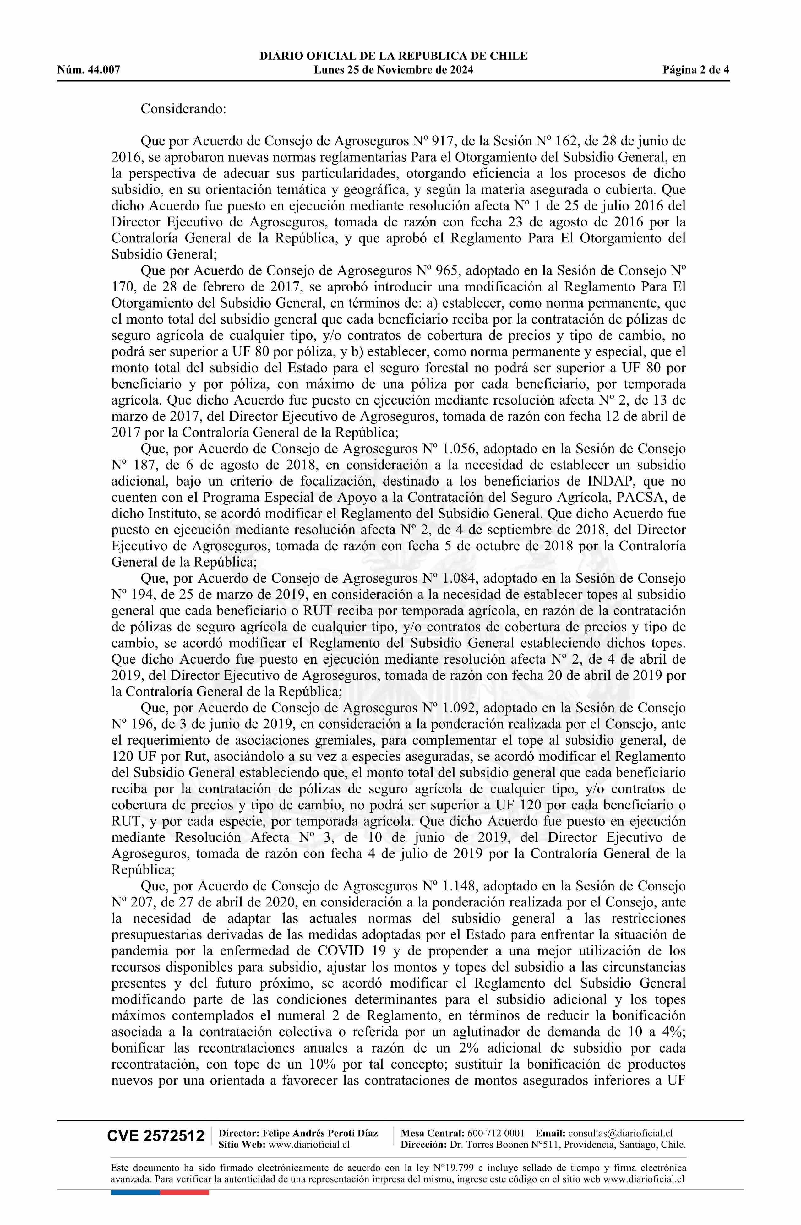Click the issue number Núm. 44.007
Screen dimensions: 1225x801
[x=89, y=70]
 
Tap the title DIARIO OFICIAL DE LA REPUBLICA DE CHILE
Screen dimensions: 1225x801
[x=393, y=56]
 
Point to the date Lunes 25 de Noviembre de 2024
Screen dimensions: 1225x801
[x=393, y=70]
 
